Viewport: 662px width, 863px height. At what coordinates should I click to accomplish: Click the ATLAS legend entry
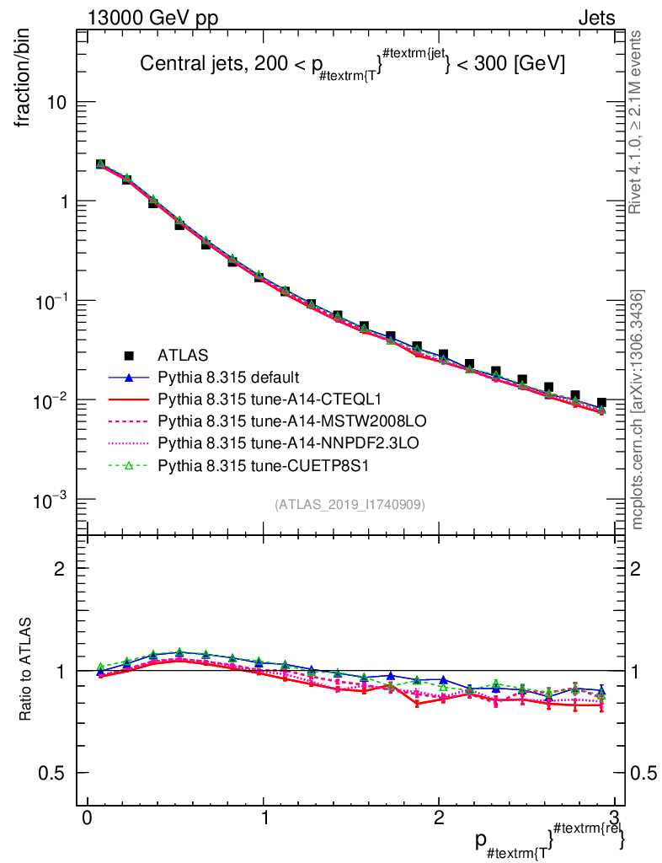181,356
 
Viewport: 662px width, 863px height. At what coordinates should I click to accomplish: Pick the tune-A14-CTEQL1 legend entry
251,397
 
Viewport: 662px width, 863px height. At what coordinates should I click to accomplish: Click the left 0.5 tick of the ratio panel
51,773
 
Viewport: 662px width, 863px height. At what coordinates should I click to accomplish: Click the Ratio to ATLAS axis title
27,670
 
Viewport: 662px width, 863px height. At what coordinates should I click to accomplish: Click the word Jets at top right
596,18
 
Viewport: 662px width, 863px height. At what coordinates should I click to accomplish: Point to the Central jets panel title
352,64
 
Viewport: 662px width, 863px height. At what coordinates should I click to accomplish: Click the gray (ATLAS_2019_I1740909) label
350,505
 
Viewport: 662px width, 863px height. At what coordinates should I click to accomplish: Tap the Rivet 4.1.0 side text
636,122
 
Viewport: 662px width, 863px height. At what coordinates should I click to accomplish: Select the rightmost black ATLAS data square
601,404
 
